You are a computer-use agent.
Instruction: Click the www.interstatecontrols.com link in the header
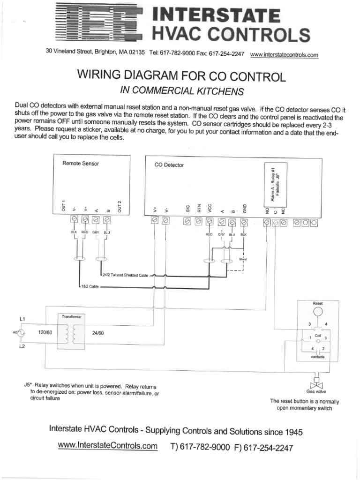[284, 55]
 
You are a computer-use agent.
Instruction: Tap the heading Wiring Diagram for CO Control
[177, 76]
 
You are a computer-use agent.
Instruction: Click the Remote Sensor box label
[81, 164]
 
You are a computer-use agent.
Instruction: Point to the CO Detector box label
[169, 165]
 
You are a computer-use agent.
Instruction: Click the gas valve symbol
[316, 383]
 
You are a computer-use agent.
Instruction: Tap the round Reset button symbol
[318, 312]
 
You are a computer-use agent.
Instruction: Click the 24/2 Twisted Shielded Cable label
[125, 275]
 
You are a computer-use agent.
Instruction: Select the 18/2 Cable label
[90, 286]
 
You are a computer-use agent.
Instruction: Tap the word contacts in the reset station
[317, 357]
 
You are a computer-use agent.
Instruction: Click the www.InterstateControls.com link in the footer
[107, 446]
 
